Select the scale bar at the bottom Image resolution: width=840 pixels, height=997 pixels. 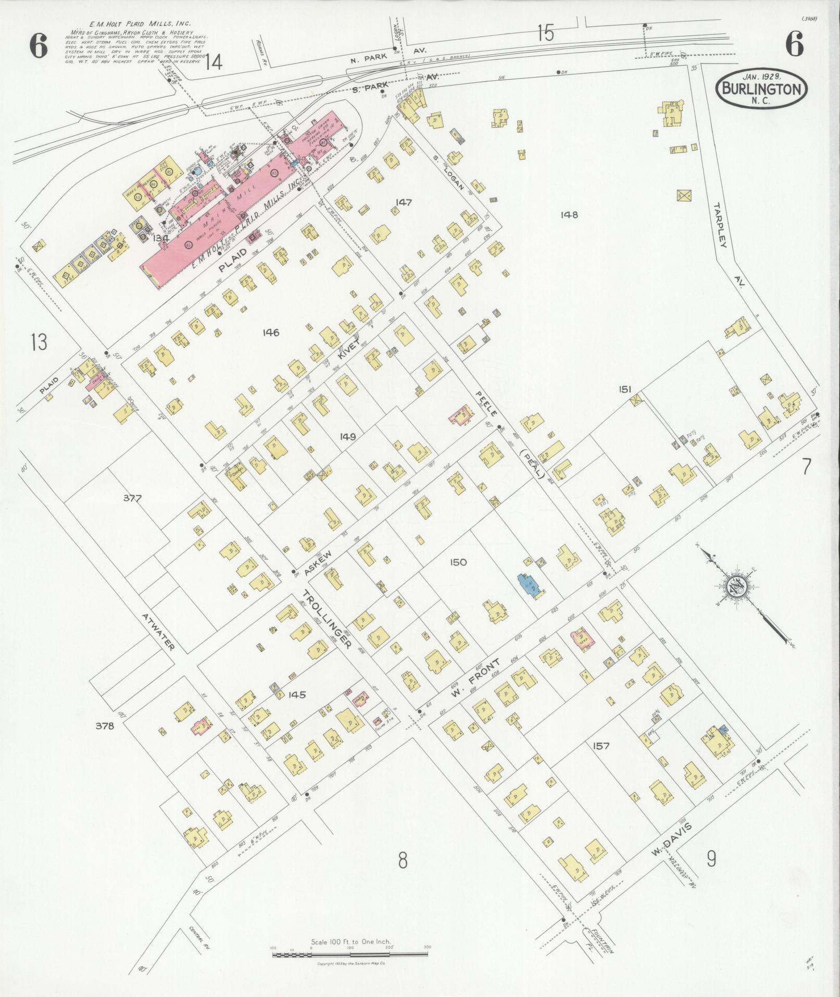click(x=350, y=955)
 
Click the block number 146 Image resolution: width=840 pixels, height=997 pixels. click(x=271, y=333)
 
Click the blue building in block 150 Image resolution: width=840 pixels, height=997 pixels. click(x=529, y=587)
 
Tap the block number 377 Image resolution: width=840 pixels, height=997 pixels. click(x=132, y=498)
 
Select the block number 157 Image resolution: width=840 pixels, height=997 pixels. click(x=600, y=746)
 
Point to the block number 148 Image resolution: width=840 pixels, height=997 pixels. click(x=569, y=214)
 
